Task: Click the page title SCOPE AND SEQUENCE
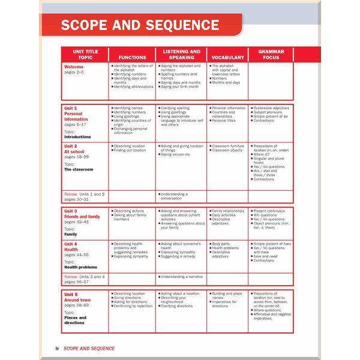click(x=140, y=25)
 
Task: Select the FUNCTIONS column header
click(x=133, y=58)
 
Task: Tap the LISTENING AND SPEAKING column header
click(x=181, y=55)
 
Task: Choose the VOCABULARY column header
click(x=227, y=58)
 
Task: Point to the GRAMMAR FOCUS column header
click(x=271, y=55)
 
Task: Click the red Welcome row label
click(x=74, y=67)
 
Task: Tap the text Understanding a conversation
click(x=174, y=196)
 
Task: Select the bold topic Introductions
click(x=77, y=137)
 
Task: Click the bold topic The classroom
click(x=79, y=169)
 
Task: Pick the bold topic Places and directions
click(x=74, y=319)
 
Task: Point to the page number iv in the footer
click(x=56, y=348)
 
